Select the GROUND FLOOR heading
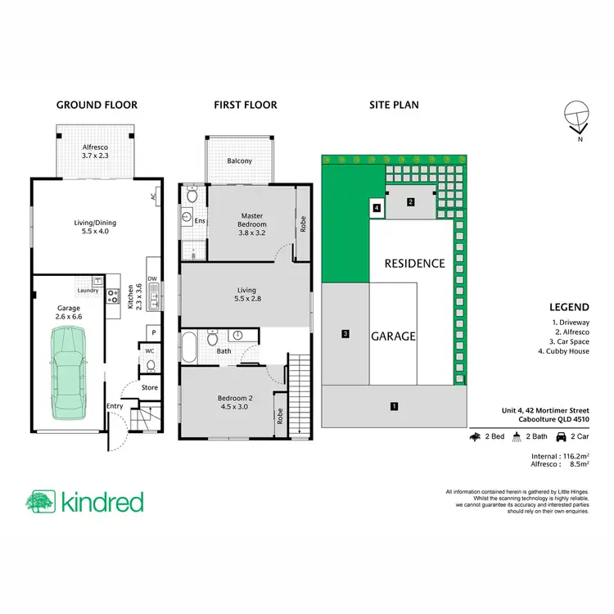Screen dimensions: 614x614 (x=96, y=105)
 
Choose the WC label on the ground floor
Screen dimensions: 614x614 (x=150, y=351)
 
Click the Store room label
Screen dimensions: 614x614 (x=149, y=388)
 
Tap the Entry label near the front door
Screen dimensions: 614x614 (x=115, y=406)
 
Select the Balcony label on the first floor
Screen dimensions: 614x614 (x=239, y=161)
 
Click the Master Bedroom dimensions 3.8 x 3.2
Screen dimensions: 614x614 (x=252, y=232)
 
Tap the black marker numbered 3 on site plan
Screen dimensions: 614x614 (x=346, y=333)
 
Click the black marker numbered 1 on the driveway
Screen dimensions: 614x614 (x=394, y=405)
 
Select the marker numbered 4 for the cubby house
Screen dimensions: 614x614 (x=376, y=209)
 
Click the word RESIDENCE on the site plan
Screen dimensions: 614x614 (x=415, y=264)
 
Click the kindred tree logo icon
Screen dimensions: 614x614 (x=40, y=502)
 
